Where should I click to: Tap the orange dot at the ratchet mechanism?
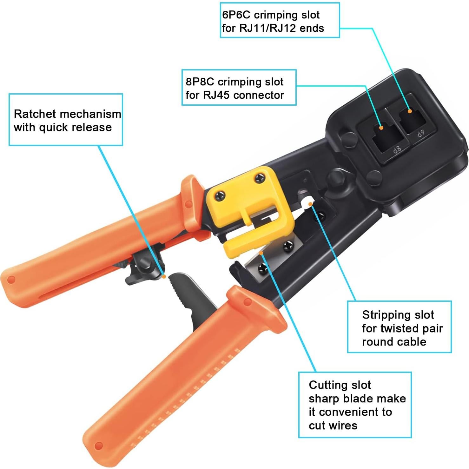tap(164, 277)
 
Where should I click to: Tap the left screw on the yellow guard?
tap(219, 196)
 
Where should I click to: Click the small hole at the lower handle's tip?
tap(99, 446)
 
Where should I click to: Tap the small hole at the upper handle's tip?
tap(11, 280)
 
